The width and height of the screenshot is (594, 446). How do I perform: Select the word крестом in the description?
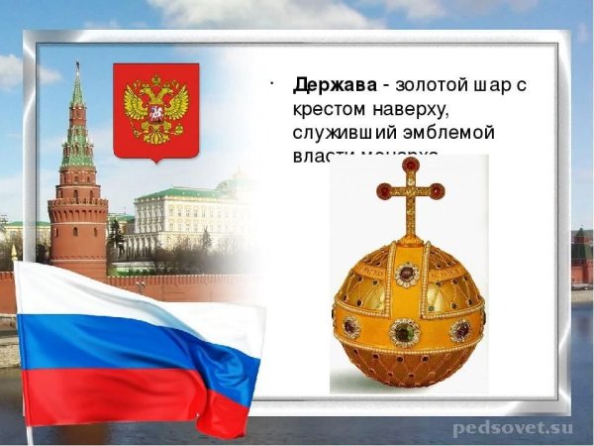[x=332, y=109]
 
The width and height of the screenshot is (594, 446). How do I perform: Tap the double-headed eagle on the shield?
[x=155, y=107]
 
